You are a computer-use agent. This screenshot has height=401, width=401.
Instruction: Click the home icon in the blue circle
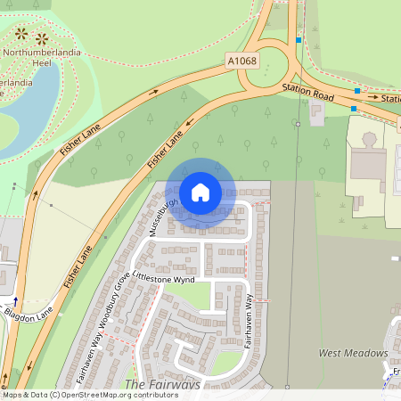point(200,192)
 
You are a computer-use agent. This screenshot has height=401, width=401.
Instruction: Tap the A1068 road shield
point(242,61)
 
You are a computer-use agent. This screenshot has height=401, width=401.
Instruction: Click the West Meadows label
point(354,353)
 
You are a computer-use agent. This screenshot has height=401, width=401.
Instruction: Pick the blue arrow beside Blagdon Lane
point(15,300)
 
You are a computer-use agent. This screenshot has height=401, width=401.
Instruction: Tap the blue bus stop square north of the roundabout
point(299,40)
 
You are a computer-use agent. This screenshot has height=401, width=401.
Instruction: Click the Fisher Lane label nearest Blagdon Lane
point(78,266)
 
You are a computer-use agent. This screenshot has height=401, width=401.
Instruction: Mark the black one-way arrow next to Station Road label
point(372,96)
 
